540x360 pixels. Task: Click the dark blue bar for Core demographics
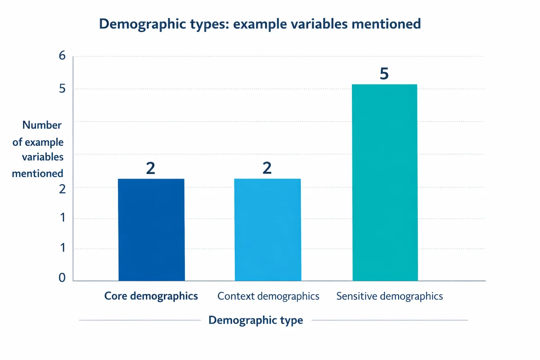tap(151, 229)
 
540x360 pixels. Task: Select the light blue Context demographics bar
tap(268, 229)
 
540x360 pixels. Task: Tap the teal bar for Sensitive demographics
tap(384, 182)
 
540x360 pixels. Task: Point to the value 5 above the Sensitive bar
tap(384, 74)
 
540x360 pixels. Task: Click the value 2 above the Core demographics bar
tap(151, 168)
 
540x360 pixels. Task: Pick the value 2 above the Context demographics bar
tap(267, 168)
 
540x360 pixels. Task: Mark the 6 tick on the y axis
tap(62, 56)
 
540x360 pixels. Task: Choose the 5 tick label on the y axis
tap(62, 89)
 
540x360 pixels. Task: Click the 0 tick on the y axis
tap(62, 279)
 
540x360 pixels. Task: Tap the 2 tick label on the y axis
tap(62, 189)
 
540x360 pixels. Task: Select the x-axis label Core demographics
tap(151, 296)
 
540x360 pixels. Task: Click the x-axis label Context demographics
tap(268, 296)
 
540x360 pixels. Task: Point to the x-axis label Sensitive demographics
tap(390, 296)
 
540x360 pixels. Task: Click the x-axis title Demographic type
tap(256, 320)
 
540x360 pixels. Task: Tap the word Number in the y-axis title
tap(42, 125)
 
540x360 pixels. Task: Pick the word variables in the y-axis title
tap(43, 157)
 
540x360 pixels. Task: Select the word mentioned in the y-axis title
tap(37, 173)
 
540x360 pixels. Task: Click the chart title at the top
tap(260, 24)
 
